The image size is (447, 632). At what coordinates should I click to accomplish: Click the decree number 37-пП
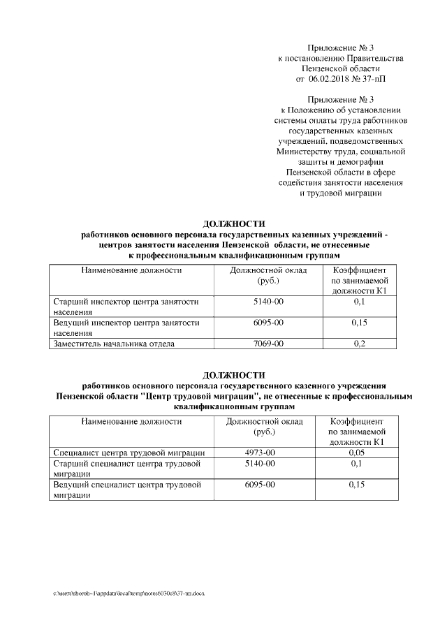[372, 79]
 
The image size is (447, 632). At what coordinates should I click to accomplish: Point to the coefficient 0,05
[357, 453]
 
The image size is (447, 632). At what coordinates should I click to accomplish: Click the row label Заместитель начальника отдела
[114, 344]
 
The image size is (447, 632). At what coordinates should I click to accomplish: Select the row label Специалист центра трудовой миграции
[129, 453]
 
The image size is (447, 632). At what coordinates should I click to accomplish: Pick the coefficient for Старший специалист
[357, 463]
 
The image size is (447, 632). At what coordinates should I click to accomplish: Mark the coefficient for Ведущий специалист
[357, 484]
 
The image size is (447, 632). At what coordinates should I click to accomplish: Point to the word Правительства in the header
[372, 58]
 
